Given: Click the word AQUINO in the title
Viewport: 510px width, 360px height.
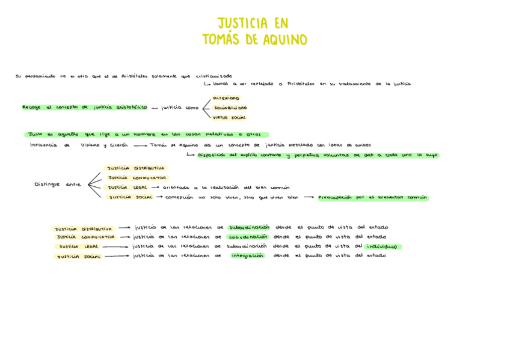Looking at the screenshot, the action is point(283,40).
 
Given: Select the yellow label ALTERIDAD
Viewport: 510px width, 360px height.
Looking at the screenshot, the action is point(226,98).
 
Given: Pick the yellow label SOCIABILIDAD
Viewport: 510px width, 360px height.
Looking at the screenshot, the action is point(230,108).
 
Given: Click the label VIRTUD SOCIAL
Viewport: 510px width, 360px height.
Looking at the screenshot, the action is point(230,117).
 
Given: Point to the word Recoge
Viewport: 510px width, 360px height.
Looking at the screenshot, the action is point(31,108).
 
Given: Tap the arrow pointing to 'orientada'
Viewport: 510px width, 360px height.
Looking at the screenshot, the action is point(155,188).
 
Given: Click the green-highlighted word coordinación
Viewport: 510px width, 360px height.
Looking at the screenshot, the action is point(248,237).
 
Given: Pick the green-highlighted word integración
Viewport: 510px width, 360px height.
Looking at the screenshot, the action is point(248,255).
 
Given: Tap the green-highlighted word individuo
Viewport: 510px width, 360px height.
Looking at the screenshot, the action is point(382,246).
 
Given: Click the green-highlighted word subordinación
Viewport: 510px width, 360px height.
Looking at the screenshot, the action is point(248,227).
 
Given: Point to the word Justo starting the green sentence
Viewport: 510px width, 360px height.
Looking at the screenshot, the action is point(35,135).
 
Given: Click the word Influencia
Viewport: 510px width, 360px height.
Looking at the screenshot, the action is point(43,145).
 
